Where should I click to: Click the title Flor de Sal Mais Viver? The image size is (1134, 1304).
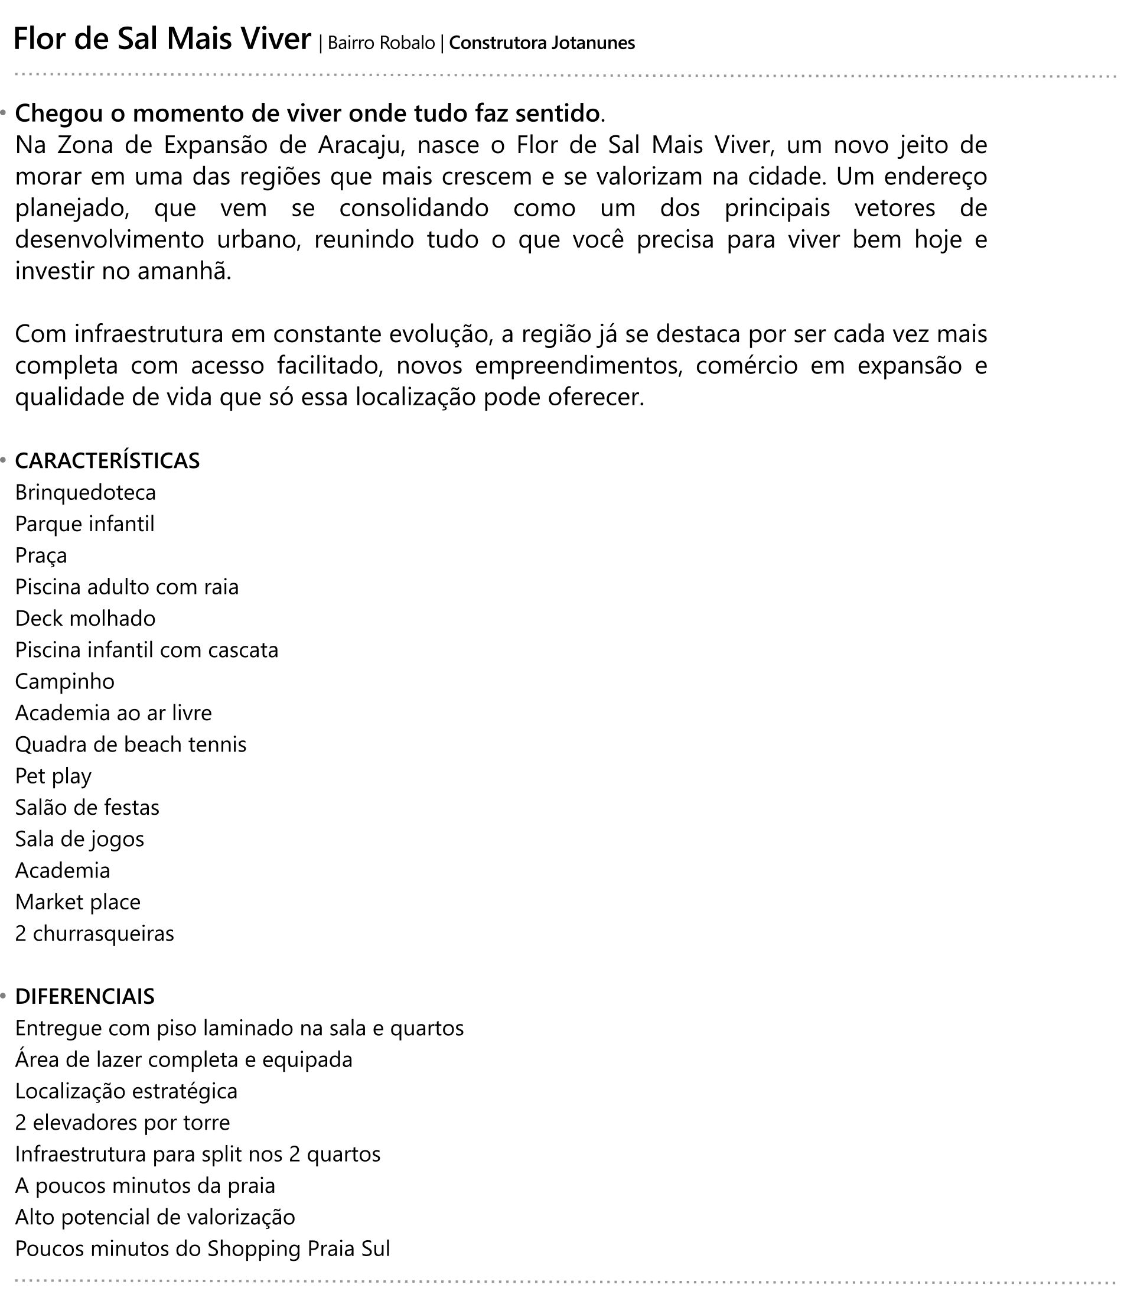(x=162, y=39)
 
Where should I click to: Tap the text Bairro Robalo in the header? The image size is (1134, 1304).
(x=381, y=43)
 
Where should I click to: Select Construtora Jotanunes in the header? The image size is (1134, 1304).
(x=542, y=43)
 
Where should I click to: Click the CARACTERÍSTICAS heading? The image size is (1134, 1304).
(x=107, y=461)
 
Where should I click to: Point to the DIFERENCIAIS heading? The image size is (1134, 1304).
(x=85, y=996)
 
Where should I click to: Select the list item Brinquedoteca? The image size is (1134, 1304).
(x=86, y=493)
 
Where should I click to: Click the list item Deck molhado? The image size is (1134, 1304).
(x=86, y=619)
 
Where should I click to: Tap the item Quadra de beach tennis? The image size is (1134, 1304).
(x=131, y=744)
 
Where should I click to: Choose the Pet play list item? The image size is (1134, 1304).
(x=53, y=776)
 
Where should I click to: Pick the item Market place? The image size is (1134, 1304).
(x=78, y=902)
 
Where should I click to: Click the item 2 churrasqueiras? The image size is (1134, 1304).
(x=94, y=934)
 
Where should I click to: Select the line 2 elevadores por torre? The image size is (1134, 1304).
(x=122, y=1123)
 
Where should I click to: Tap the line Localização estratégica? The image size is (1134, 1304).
(x=126, y=1091)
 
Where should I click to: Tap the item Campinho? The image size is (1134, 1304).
(x=64, y=682)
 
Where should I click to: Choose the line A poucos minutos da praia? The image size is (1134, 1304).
(x=145, y=1186)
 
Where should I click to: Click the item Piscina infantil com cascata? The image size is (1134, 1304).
(x=147, y=650)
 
